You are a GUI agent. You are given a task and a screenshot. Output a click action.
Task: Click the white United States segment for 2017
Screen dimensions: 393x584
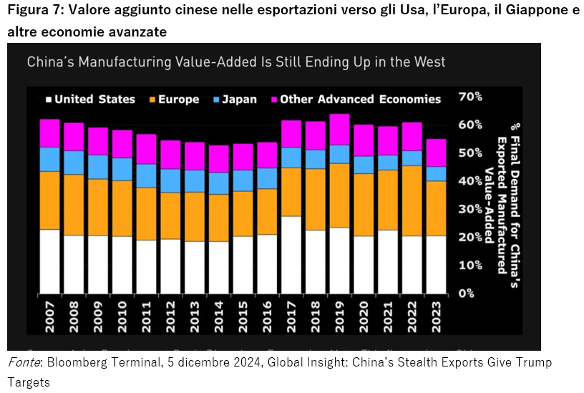point(291,255)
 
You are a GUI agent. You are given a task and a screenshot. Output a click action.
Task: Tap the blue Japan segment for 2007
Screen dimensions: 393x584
point(49,159)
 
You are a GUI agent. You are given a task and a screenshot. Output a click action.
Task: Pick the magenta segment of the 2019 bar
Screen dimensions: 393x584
point(339,130)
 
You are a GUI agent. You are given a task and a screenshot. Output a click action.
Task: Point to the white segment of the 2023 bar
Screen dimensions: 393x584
point(435,265)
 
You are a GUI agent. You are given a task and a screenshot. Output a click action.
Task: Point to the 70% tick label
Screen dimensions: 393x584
point(469,97)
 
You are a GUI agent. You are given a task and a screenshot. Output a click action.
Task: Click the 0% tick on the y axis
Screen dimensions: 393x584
point(467,293)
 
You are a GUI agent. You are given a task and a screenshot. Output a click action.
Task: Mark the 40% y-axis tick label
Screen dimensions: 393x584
point(469,181)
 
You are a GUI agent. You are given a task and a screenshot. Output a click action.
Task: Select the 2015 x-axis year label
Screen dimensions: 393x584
point(243,316)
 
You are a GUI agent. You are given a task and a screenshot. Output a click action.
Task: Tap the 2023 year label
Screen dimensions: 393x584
point(435,316)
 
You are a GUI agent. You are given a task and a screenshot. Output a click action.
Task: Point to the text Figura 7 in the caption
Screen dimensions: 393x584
point(34,12)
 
